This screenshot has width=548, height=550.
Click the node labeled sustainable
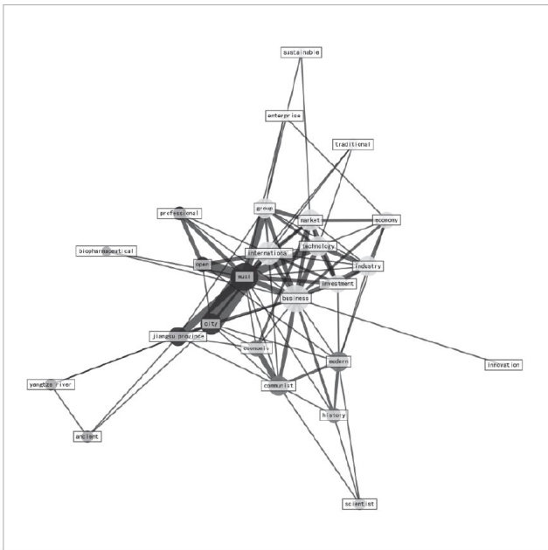(x=302, y=52)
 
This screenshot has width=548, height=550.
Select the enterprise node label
(x=284, y=115)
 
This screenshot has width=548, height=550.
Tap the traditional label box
(x=352, y=144)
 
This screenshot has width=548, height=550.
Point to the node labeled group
(x=265, y=209)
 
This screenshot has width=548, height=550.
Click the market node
(x=310, y=221)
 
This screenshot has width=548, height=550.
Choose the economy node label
(x=385, y=220)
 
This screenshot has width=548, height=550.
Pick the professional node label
(x=179, y=213)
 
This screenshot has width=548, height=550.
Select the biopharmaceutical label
(x=106, y=251)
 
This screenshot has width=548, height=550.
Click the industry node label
(x=368, y=265)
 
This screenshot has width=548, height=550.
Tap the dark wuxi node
(x=245, y=277)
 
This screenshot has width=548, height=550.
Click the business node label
(x=295, y=299)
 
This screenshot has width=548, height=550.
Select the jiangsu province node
(x=177, y=336)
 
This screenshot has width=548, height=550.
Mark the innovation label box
(x=503, y=364)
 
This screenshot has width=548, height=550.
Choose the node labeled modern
(x=339, y=361)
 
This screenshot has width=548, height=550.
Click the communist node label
(x=279, y=385)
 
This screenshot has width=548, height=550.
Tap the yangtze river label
(x=49, y=384)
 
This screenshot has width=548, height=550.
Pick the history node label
(x=333, y=416)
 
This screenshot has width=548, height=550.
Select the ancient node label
(x=87, y=435)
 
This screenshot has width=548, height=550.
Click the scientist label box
(x=359, y=504)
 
